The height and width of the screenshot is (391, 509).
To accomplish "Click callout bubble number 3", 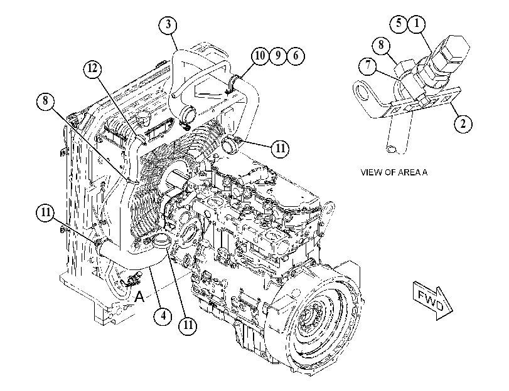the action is [x=168, y=24].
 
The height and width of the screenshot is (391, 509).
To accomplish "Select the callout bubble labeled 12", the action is [x=92, y=69].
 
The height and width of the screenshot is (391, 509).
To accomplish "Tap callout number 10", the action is [x=260, y=56].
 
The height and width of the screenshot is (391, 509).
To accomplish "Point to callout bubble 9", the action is [x=278, y=56].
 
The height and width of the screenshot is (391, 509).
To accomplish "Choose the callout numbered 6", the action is [x=296, y=56].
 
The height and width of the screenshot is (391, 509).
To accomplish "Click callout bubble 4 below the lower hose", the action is [x=163, y=315].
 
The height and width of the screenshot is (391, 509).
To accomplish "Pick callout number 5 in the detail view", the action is [x=399, y=23].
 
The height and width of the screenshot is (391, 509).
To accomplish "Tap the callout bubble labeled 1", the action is [x=417, y=23].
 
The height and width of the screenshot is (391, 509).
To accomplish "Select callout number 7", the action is [x=368, y=66].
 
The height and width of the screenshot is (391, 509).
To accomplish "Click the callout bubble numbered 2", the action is [x=463, y=124].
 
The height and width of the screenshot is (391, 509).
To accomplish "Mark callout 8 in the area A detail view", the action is [x=382, y=44].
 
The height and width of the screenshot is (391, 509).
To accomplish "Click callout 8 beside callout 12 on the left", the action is [x=45, y=101].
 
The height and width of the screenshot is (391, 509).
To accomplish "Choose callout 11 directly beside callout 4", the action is [x=189, y=325].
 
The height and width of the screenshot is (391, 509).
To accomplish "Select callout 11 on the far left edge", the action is [x=45, y=212].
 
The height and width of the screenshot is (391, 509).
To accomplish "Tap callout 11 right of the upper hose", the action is [x=280, y=149].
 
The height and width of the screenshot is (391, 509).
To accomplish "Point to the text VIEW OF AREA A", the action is [x=394, y=172].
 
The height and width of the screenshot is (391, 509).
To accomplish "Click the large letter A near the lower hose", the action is [x=139, y=296].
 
